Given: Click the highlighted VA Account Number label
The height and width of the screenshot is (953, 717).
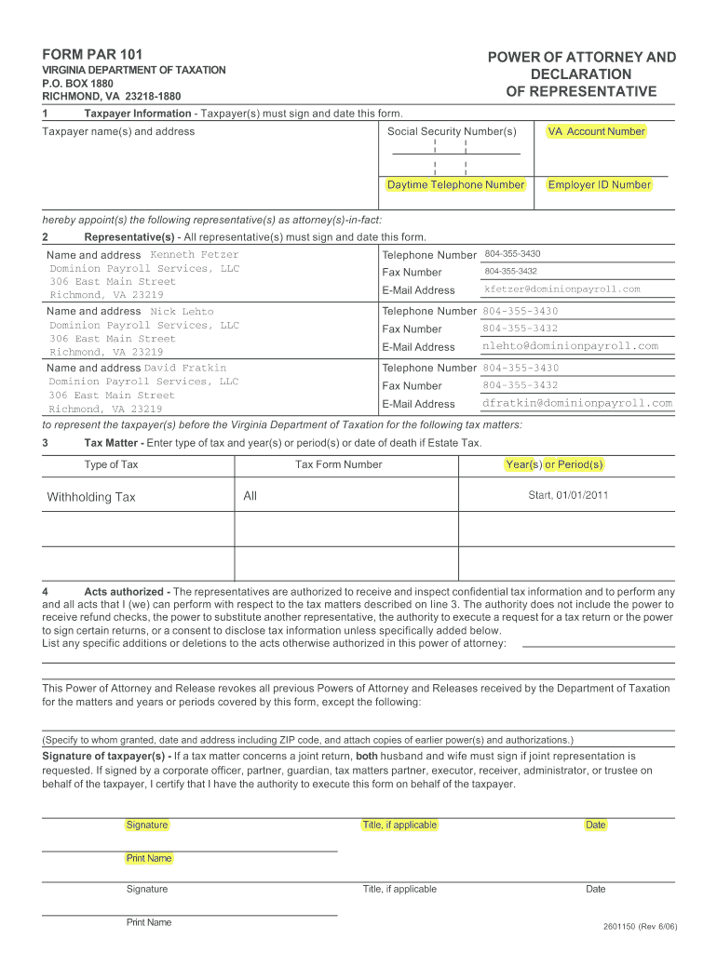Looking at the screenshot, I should coord(596,132).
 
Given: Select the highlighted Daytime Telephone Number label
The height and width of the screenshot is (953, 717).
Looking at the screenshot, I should coord(455,185).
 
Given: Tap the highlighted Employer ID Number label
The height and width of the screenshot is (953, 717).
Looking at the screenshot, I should coord(599,185).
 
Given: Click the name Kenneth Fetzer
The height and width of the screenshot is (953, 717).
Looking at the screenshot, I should coord(194,255).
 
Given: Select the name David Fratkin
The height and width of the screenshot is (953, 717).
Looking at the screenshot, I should coord(184,369).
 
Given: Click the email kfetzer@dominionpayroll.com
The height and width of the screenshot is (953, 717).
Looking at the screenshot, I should coord(561,289).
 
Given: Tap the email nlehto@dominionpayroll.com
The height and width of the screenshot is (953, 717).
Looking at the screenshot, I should coord(569,346).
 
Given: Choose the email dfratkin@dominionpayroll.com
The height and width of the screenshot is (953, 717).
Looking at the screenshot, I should coord(576,403).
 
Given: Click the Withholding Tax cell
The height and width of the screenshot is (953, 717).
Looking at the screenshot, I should coord(91,497).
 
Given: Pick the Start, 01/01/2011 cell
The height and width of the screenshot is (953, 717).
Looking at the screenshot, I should coord(568,495).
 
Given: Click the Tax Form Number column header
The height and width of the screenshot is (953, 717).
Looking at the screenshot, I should coord(338,464).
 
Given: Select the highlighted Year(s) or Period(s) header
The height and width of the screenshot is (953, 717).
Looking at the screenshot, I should coord(554,464).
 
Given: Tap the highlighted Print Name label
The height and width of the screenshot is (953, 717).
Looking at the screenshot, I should coord(149,858).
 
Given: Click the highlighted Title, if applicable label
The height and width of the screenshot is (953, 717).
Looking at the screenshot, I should coord(399,825).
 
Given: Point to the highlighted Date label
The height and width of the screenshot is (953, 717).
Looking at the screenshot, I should coord(596,825).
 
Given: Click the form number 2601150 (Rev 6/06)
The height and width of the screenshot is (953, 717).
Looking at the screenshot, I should coord(641,927).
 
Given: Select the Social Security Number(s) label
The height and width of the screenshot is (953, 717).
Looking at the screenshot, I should coord(452,132).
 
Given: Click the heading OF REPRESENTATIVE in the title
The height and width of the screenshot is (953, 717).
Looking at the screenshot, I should coord(581,91).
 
